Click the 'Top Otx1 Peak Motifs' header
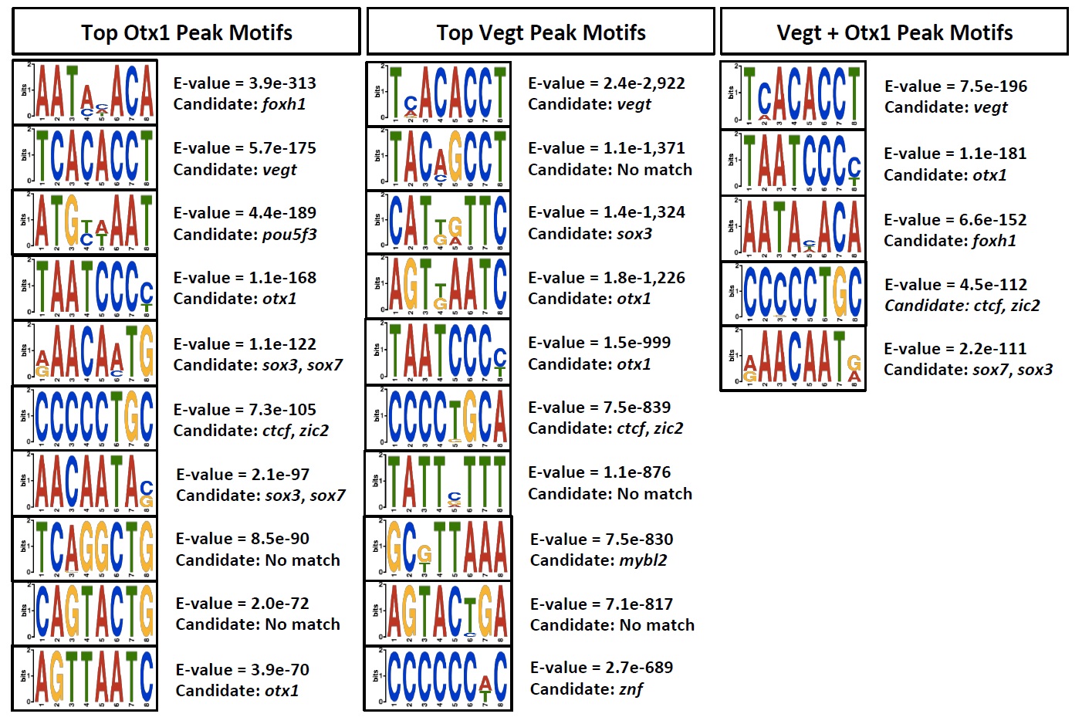point(186,32)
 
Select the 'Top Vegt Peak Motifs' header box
point(540,32)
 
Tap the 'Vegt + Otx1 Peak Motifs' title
point(894,32)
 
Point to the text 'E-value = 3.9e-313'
point(245,83)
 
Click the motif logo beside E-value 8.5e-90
point(85,548)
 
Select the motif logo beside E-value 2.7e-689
point(438,678)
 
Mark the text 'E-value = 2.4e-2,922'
point(607,83)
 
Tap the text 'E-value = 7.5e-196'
point(955,86)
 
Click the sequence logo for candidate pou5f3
point(85,223)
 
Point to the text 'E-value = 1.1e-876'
point(600,472)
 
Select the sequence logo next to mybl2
point(438,548)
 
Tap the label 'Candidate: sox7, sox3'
point(968,370)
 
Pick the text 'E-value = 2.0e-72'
point(242,604)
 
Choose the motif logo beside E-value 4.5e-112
point(793,294)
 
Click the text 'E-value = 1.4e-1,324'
point(607,212)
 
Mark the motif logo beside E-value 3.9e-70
point(85,678)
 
